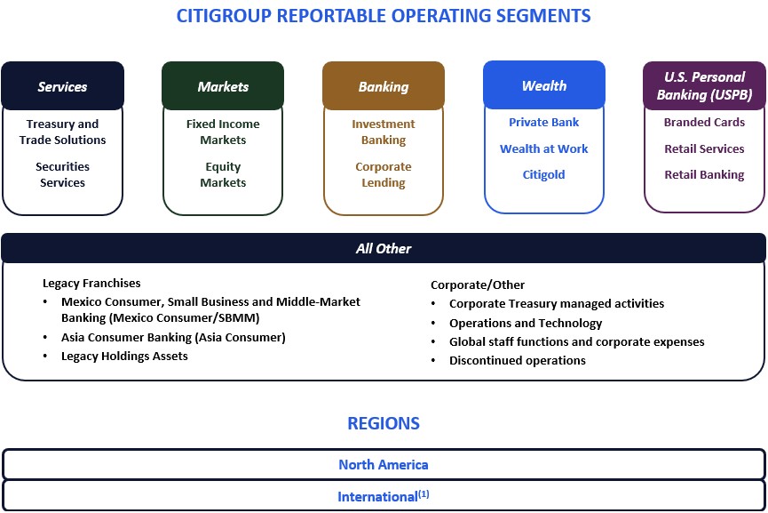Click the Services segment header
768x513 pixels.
tap(62, 86)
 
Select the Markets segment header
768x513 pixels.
tap(223, 86)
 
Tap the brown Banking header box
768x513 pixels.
tap(384, 86)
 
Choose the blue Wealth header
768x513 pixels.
tap(544, 85)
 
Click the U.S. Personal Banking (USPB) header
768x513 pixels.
tap(704, 85)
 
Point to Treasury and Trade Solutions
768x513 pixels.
tap(62, 132)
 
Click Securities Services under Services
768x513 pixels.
tap(62, 174)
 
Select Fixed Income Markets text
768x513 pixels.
tap(223, 132)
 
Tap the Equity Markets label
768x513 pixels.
tap(223, 174)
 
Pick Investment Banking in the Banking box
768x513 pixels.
tap(384, 132)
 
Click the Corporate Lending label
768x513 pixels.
tap(384, 174)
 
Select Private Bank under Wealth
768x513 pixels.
tap(544, 123)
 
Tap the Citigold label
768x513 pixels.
tap(544, 174)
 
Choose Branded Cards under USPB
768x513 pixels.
tap(704, 123)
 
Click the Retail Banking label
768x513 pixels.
tap(704, 174)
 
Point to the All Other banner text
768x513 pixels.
tap(384, 249)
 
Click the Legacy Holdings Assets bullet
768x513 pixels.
tap(124, 356)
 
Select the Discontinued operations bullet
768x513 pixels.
tap(517, 360)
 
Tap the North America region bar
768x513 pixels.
tap(384, 464)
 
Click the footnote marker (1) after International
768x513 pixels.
tap(424, 493)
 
